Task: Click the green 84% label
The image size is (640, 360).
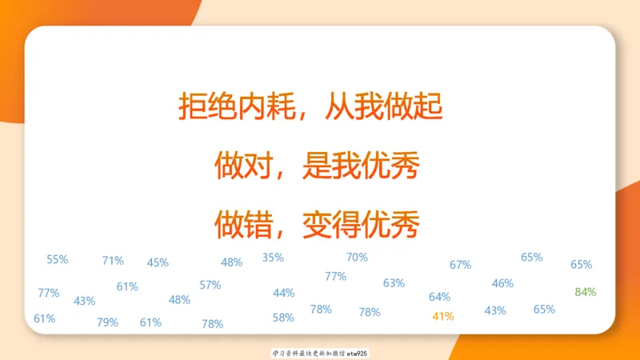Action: (x=586, y=292)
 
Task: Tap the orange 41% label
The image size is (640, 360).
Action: (x=442, y=316)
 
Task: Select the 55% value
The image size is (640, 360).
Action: (x=58, y=259)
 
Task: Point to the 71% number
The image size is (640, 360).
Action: (x=113, y=260)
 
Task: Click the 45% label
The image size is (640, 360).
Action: (x=158, y=262)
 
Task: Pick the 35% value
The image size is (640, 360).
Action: (x=273, y=258)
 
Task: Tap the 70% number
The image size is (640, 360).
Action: (x=357, y=257)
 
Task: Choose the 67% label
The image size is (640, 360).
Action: (x=460, y=265)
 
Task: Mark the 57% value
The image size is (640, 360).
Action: (x=210, y=285)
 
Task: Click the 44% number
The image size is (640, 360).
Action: (x=284, y=293)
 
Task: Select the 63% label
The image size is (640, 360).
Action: (x=394, y=283)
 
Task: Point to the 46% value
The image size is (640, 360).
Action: (x=502, y=283)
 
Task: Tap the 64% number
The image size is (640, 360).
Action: (x=439, y=297)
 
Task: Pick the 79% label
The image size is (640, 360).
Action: (x=107, y=322)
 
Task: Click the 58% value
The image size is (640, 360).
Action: (x=283, y=318)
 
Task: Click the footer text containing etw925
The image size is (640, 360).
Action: (x=320, y=353)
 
